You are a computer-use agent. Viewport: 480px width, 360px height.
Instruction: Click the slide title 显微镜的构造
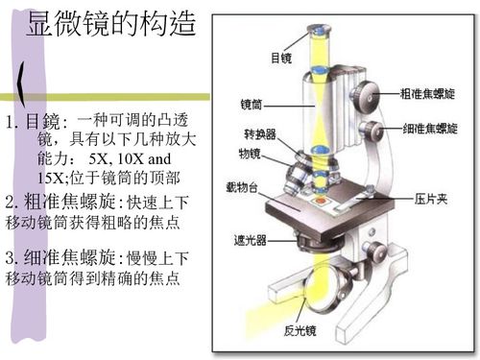pos(111,23)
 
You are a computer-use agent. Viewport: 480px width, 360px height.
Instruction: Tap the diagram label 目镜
pos(281,59)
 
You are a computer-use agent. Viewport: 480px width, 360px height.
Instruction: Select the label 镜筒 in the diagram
pos(252,105)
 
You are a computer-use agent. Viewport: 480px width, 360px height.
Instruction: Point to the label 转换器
pos(260,134)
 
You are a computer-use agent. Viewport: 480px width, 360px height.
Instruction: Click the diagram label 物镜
pos(250,154)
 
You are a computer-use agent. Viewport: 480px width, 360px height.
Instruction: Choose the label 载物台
pos(242,187)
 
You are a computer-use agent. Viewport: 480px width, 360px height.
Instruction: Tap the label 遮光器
pos(250,240)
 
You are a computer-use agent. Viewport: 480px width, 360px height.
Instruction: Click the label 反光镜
pos(300,330)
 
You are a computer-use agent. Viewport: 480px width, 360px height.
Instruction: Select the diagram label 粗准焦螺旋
pos(427,94)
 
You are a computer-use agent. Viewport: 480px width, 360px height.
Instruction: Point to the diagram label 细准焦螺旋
pos(430,129)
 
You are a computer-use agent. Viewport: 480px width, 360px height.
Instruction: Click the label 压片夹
pos(431,199)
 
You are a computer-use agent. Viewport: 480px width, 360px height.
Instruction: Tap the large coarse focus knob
pos(365,97)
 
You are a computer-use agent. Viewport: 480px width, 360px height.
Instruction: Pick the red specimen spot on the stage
pos(321,201)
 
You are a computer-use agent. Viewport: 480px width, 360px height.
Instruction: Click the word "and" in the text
pos(159,158)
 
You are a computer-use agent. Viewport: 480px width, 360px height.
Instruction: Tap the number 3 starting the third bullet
pos(10,257)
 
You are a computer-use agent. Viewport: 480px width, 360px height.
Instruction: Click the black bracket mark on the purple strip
pos(21,84)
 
